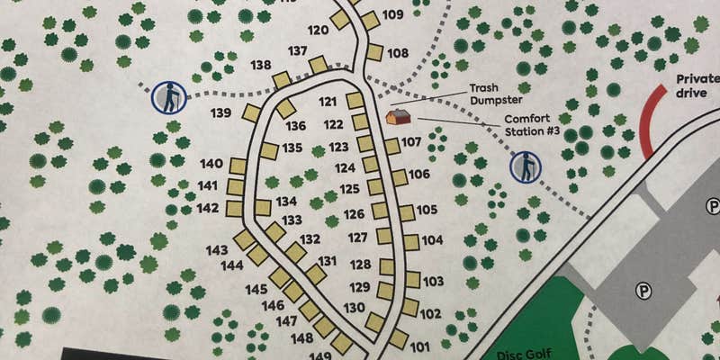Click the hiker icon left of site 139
point(167,96)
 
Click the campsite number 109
point(392,14)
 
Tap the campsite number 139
point(221,113)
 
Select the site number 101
point(420,346)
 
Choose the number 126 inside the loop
point(354,214)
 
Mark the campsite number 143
point(217,250)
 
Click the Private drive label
point(697,85)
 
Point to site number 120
point(318,30)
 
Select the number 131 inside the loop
point(328,261)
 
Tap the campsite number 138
point(261,66)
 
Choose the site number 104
point(433,240)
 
